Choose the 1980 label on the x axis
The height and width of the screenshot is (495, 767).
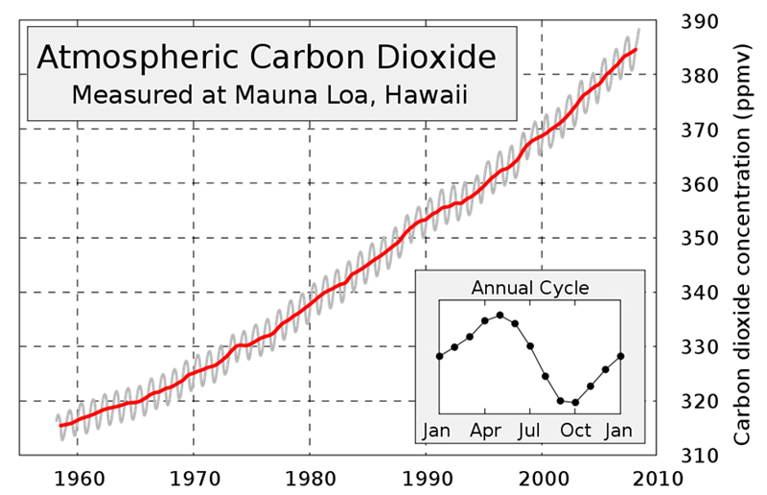(310, 477)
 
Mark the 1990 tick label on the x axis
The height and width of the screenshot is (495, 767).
(427, 477)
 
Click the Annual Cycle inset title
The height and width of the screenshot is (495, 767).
(530, 287)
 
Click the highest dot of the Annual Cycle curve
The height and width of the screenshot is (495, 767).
(500, 315)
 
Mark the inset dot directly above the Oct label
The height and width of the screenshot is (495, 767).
(575, 402)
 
